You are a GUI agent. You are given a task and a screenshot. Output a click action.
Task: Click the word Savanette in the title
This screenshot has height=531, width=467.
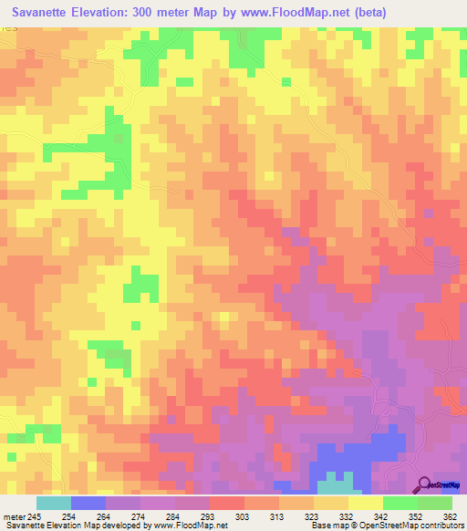pyautogui.click(x=47, y=13)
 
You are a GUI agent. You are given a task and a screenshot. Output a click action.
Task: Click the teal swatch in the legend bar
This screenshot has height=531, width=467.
pyautogui.click(x=54, y=503)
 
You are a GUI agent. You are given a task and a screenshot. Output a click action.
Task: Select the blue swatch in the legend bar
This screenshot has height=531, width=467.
pyautogui.click(x=88, y=503)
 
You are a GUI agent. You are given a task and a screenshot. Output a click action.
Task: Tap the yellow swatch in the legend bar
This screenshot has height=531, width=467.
pyautogui.click(x=366, y=503)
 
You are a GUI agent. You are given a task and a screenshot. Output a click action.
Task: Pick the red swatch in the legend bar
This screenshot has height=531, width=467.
pyautogui.click(x=227, y=503)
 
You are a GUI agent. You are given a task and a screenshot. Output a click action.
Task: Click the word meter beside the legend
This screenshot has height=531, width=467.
pyautogui.click(x=16, y=515)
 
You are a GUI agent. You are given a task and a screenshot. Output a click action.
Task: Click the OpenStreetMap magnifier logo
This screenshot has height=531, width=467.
pyautogui.click(x=425, y=485)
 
